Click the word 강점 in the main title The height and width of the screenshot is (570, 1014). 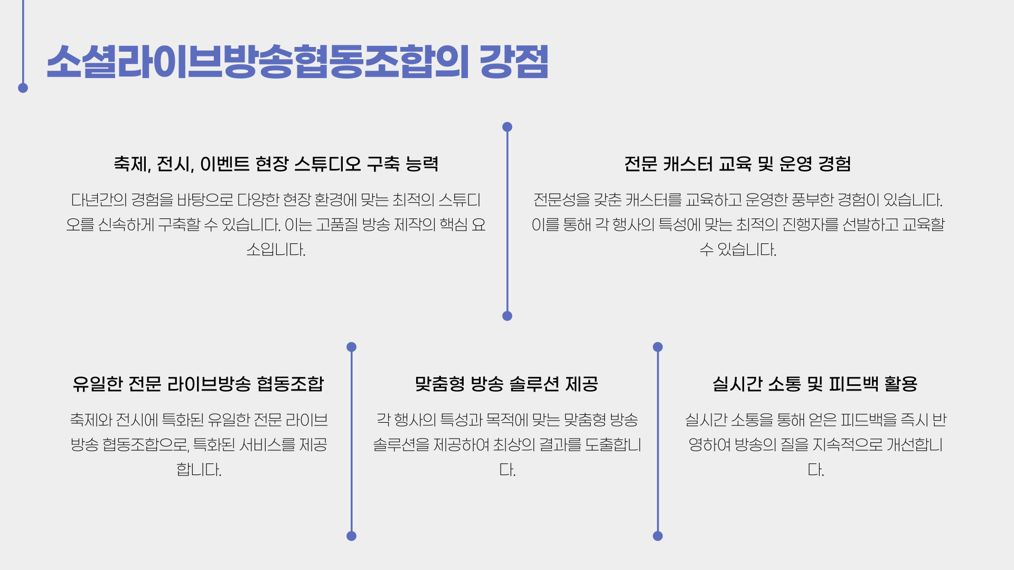click(514, 62)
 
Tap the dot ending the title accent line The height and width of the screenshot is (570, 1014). click(23, 88)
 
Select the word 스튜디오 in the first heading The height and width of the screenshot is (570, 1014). click(327, 164)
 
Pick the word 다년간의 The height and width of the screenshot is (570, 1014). click(99, 200)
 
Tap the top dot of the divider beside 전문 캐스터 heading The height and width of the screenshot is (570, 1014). click(507, 127)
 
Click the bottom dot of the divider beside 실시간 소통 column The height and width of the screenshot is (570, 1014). click(658, 536)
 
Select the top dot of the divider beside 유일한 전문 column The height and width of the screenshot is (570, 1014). click(351, 347)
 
